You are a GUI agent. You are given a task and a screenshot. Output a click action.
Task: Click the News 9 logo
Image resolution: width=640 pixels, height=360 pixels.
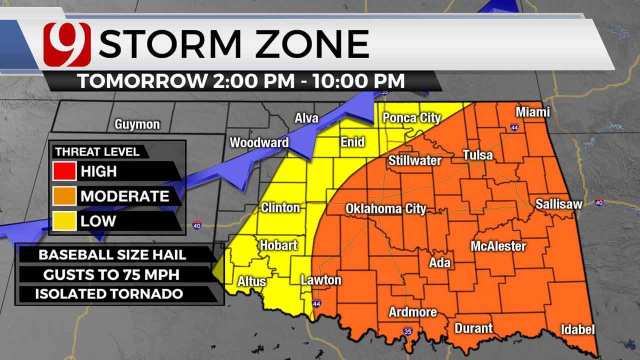pos(67,44)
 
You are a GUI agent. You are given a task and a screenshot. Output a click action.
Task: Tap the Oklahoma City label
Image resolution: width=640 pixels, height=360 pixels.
pos(385,208)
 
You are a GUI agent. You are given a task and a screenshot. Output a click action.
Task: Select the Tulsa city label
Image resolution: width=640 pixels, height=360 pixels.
pos(477,155)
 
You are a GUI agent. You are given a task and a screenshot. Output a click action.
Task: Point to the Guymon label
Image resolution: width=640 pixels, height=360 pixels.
pos(137,124)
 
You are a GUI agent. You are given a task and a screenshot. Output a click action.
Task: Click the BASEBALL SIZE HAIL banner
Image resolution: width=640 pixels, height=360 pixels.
pos(112,254)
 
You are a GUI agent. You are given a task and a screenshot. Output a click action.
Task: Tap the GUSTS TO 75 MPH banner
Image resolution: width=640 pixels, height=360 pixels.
pos(112,274)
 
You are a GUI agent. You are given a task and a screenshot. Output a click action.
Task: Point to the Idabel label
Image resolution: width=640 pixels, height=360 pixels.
pos(577,329)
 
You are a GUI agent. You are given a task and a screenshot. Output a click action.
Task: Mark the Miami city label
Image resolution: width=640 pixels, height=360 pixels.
pos(532,112)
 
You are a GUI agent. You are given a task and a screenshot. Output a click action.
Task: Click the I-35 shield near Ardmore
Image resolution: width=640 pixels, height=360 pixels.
pos(407,331)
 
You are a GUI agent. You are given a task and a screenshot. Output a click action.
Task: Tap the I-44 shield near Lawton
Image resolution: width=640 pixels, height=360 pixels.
pos(316,303)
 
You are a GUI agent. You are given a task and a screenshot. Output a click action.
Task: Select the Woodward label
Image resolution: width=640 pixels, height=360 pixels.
pos(259,142)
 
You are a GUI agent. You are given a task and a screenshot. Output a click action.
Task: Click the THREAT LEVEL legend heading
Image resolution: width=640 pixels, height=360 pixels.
pos(97,151)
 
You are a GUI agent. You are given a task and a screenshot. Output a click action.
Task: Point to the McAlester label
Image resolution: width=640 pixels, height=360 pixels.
pos(498,246)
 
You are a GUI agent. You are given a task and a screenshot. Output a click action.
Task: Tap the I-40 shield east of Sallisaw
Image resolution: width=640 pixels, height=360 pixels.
pos(599,202)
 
